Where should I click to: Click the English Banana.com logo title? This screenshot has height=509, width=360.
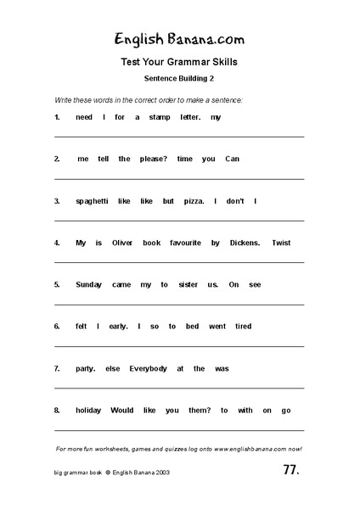(180, 37)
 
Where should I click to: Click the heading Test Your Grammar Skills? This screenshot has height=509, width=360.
(180, 62)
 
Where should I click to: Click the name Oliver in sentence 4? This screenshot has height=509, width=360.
(123, 243)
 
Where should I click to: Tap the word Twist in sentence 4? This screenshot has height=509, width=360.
(281, 243)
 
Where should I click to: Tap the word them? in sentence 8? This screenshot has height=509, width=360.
(200, 410)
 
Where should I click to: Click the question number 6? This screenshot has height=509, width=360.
(57, 326)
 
